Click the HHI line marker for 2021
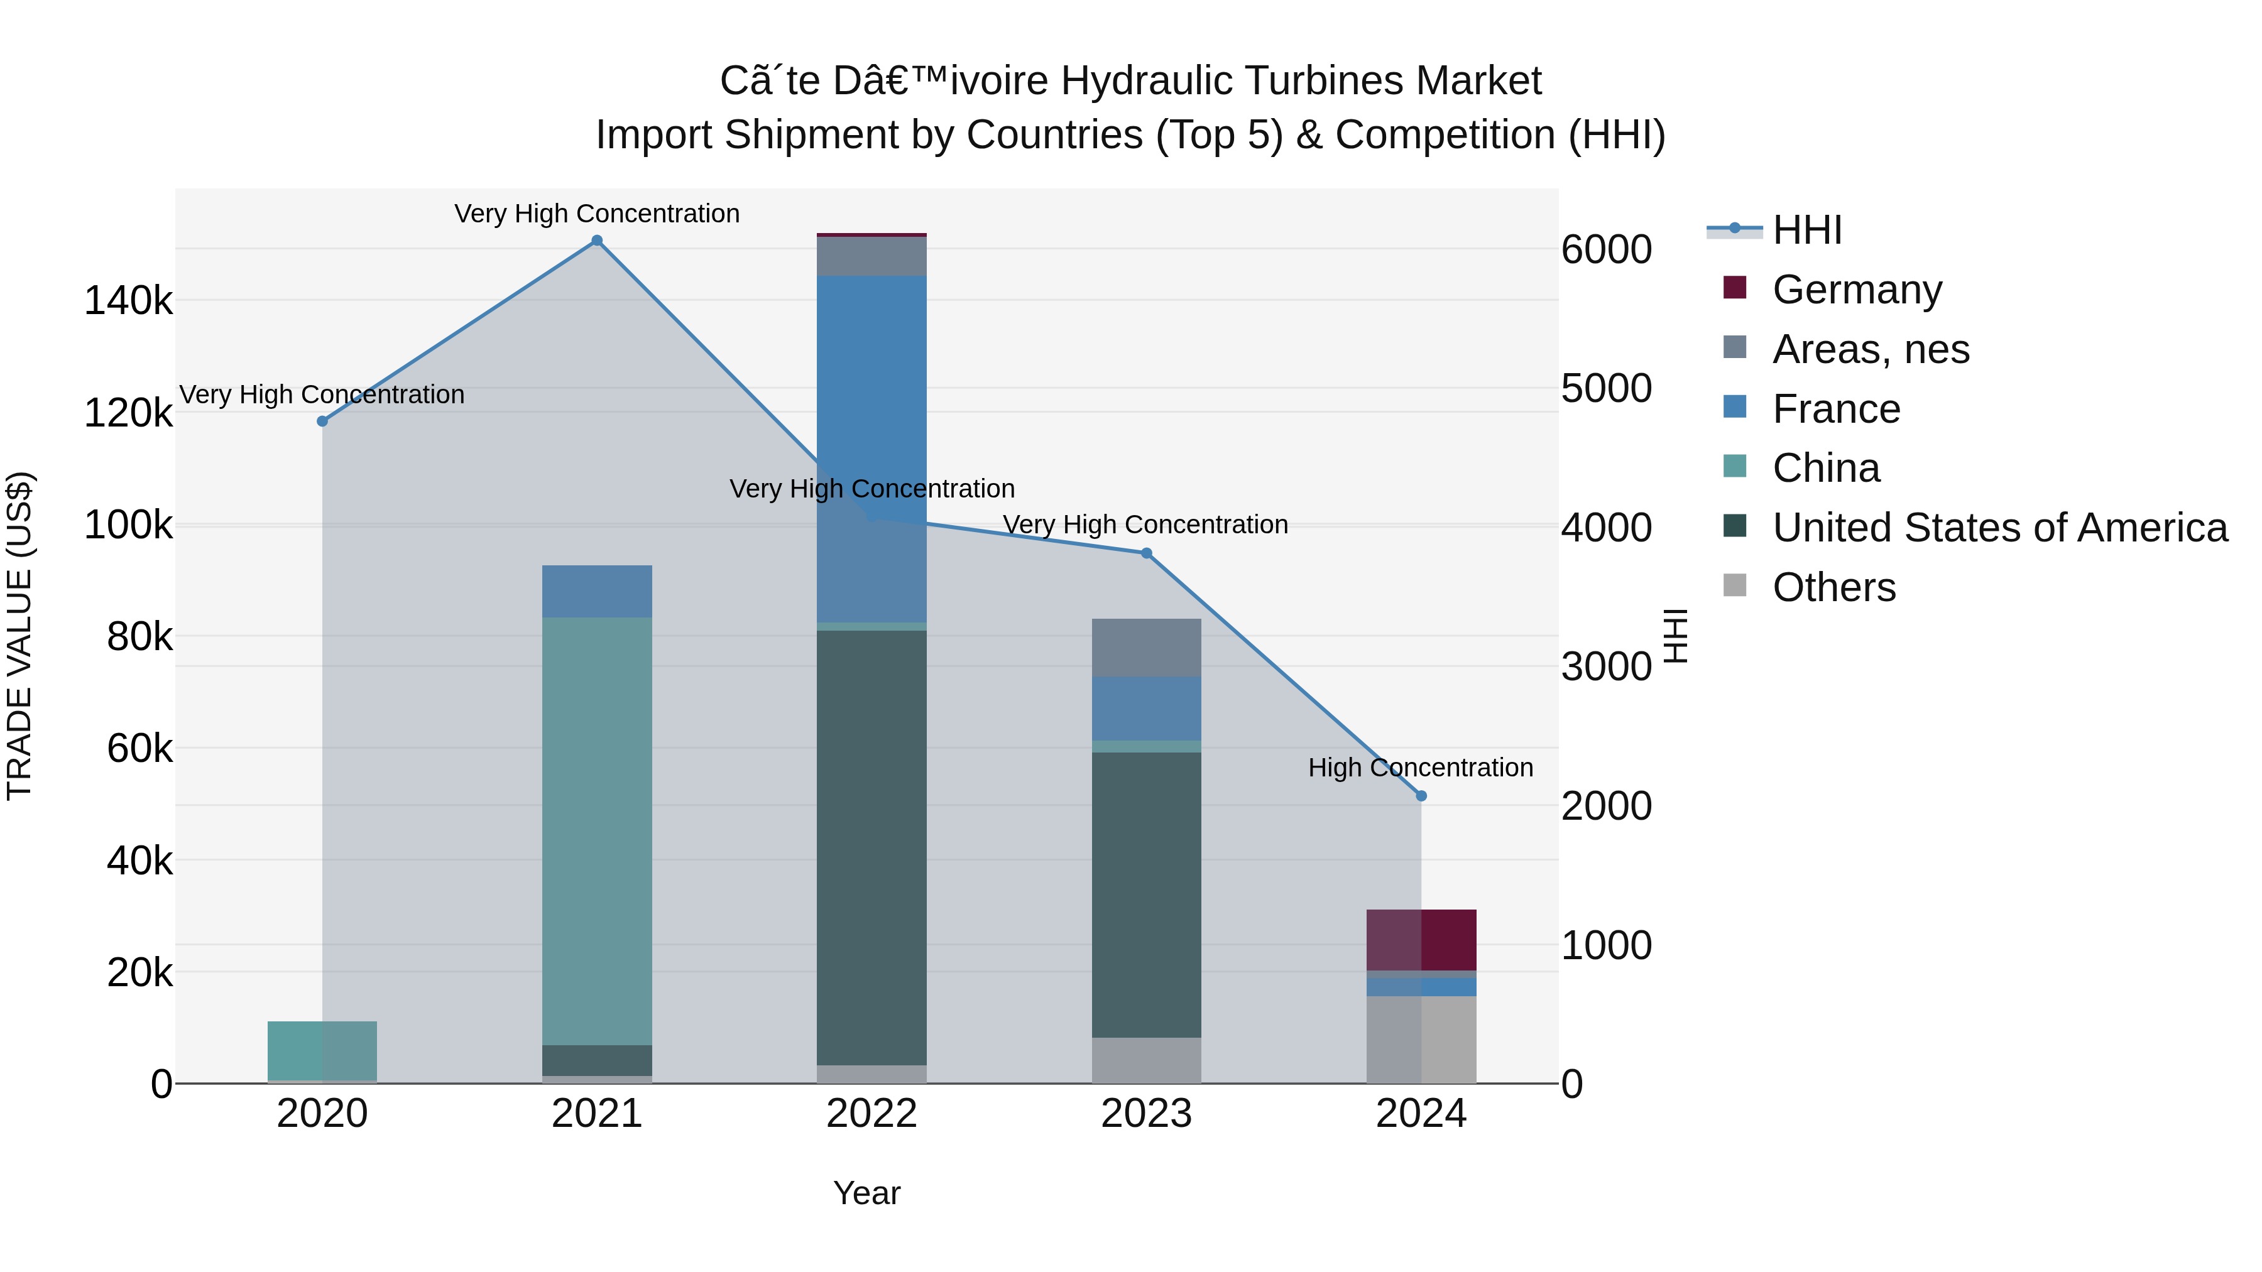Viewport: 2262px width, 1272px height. [596, 241]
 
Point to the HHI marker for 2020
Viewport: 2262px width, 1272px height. [322, 421]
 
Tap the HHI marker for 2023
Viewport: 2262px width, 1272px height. [1146, 553]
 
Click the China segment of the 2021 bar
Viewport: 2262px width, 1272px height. [596, 830]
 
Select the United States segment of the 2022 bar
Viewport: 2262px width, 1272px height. [871, 847]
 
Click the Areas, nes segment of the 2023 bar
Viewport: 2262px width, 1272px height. [1146, 647]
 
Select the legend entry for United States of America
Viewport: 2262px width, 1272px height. [1999, 528]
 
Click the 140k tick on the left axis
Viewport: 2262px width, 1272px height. [128, 301]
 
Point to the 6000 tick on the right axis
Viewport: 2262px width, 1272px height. [1606, 249]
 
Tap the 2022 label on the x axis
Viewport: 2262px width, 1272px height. [871, 1114]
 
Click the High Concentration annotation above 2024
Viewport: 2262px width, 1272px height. [1420, 767]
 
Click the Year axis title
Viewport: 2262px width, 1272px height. [866, 1193]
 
